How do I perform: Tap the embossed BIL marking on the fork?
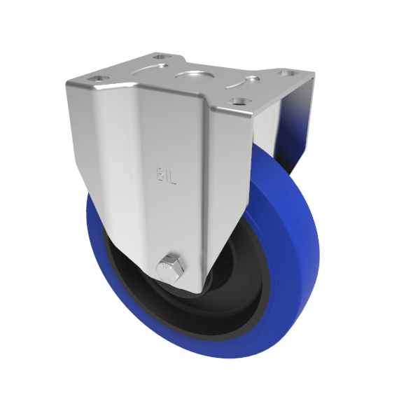pos(167,174)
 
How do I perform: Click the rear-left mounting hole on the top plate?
pos(160,57)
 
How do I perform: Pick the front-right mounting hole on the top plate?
pos(240,101)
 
